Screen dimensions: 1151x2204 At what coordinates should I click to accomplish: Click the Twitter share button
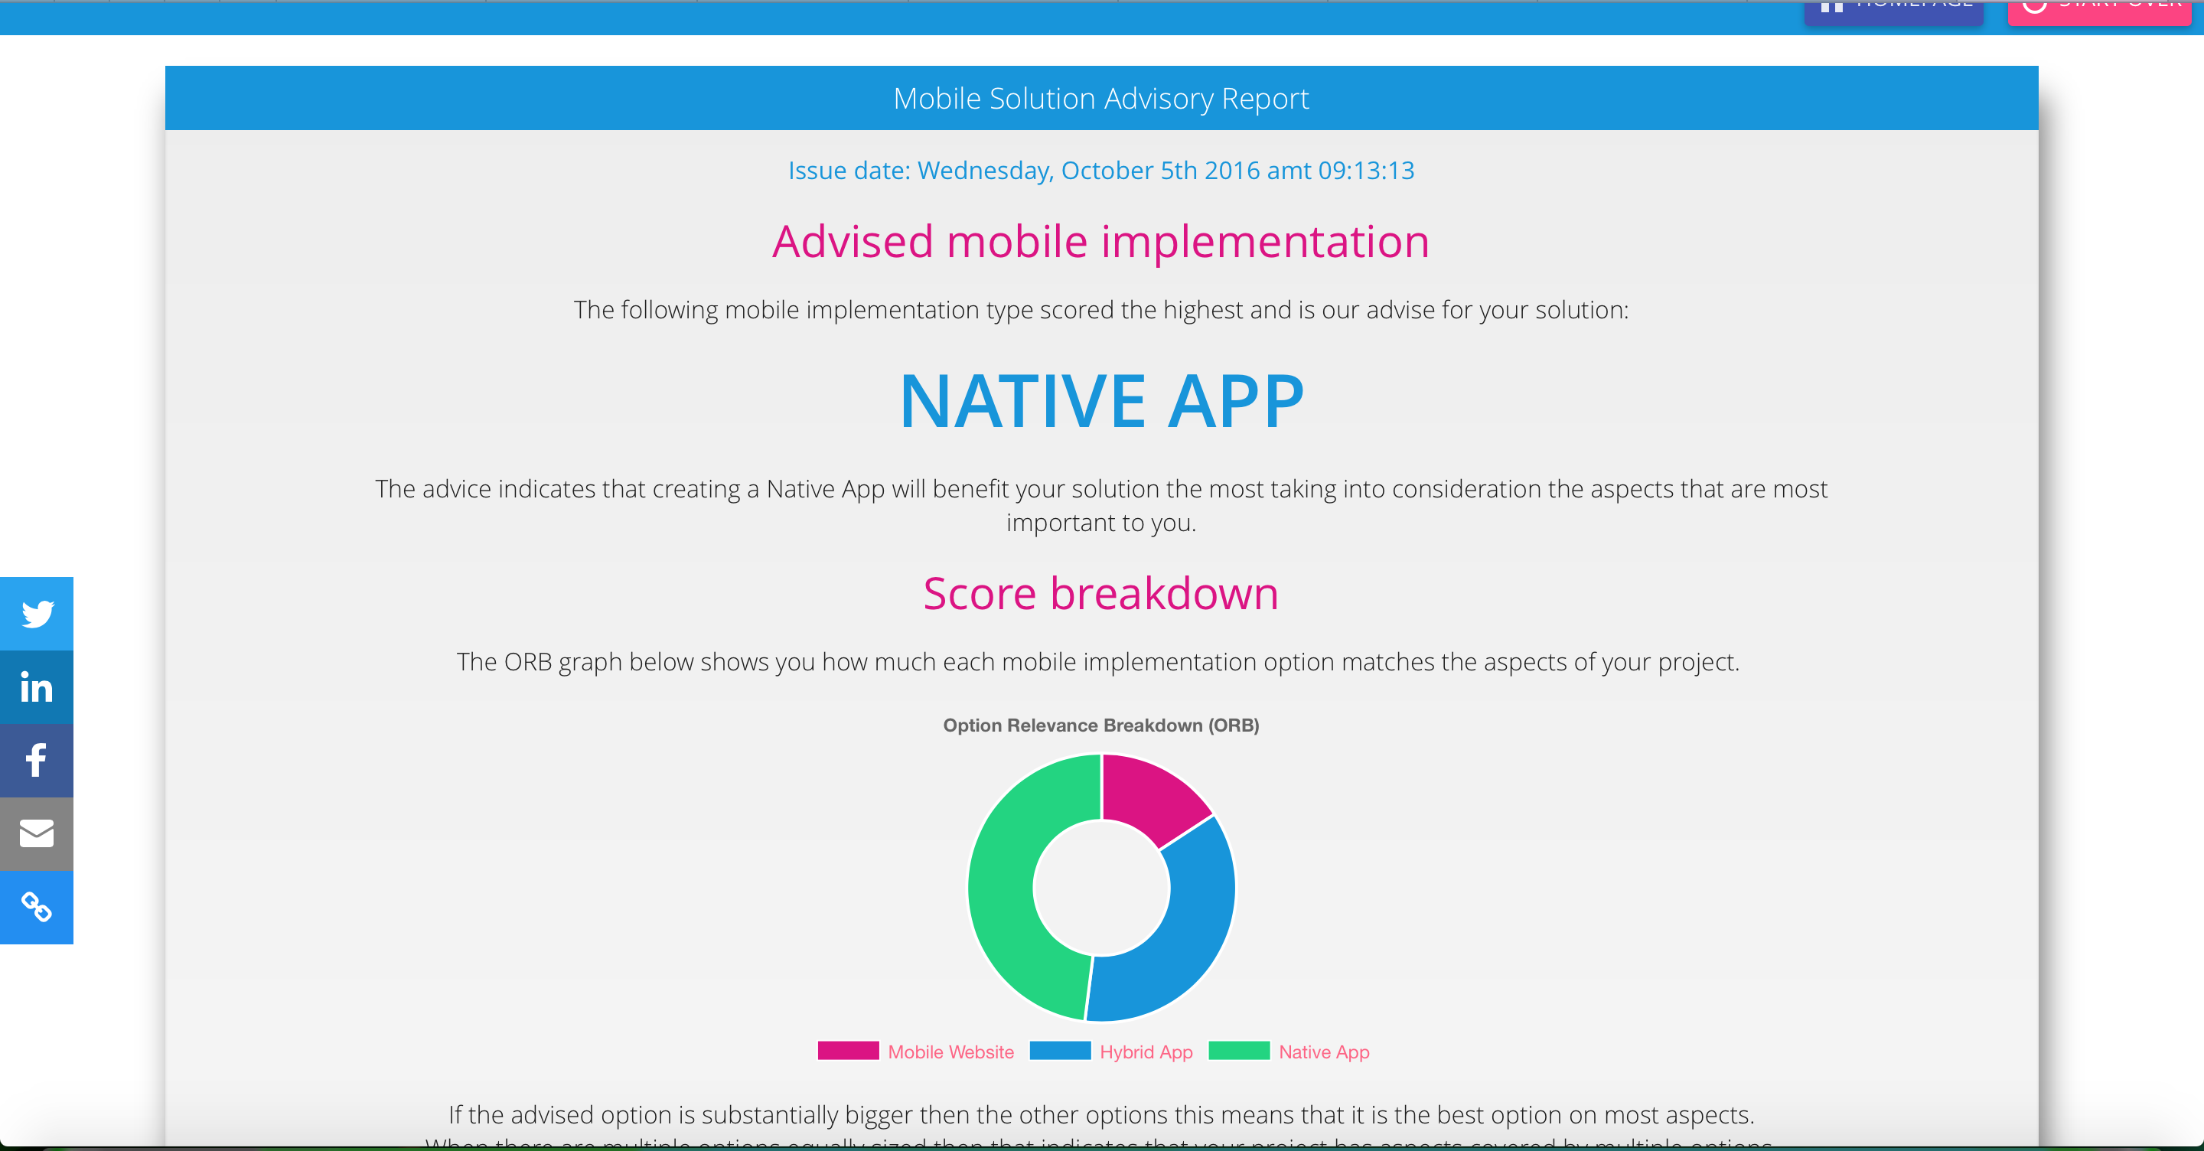point(37,614)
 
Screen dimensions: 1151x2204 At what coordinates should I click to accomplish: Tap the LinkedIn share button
point(37,687)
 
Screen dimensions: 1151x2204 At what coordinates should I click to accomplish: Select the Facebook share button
point(37,761)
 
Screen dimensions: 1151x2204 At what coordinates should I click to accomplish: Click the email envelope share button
point(37,834)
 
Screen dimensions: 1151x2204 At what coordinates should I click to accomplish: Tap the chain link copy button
point(37,908)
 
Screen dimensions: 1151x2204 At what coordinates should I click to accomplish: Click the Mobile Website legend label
point(950,1052)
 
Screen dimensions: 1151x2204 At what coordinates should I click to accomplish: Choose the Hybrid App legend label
point(1146,1052)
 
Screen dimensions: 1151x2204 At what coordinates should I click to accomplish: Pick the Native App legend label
point(1324,1052)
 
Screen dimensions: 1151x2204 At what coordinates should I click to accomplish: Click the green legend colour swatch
point(1238,1051)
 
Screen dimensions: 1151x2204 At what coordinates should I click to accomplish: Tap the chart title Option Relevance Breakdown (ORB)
point(1101,725)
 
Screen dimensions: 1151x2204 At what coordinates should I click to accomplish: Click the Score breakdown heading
point(1101,593)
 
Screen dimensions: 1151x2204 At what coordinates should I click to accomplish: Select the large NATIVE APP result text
point(1101,401)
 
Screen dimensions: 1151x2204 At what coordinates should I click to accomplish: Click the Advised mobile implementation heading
point(1101,241)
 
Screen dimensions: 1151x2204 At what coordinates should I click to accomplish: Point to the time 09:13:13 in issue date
point(1365,171)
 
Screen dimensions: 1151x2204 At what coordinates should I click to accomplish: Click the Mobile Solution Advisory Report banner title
point(1101,99)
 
